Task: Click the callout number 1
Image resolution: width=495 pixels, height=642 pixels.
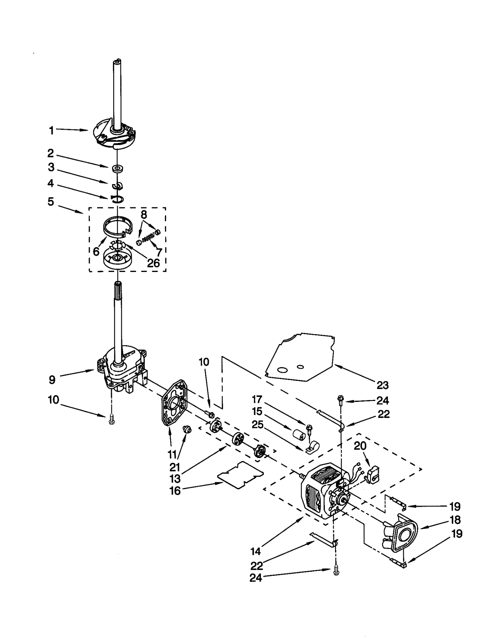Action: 51,131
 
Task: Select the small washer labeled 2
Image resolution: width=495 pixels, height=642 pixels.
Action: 118,168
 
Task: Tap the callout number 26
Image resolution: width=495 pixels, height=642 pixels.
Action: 153,263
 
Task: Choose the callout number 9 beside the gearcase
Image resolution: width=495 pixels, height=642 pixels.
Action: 52,379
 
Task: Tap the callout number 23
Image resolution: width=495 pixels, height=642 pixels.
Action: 382,385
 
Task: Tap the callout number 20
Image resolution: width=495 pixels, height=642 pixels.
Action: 360,446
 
